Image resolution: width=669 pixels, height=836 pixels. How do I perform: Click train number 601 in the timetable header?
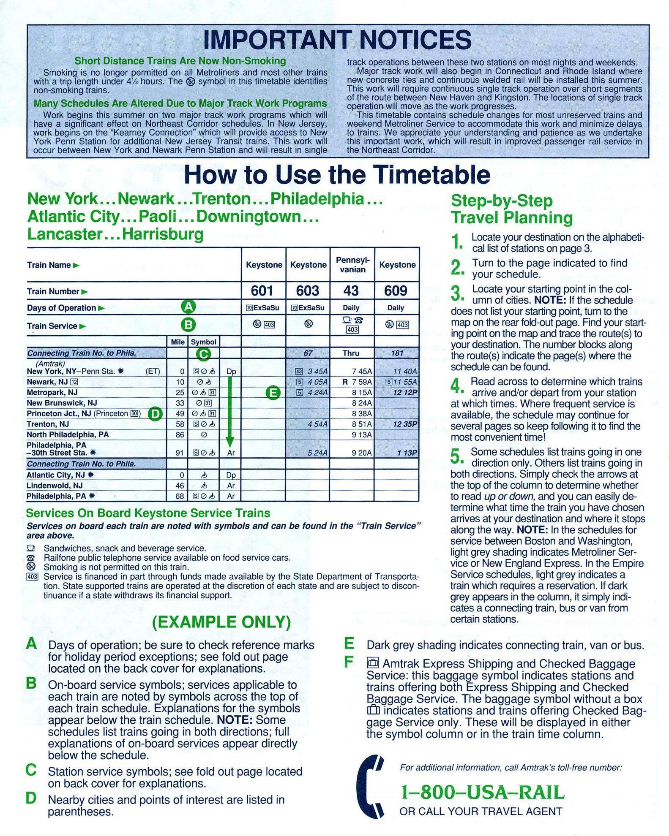point(262,291)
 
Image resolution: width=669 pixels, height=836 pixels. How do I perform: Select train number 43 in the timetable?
point(351,291)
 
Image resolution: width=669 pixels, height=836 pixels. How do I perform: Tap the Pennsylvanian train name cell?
point(352,264)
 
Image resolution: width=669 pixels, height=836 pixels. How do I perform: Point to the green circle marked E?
point(273,393)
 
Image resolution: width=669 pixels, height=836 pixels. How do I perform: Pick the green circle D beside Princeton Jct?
point(156,414)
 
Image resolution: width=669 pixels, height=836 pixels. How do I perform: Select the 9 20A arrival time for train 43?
point(362,453)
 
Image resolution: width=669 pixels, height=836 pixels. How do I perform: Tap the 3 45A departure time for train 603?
point(317,372)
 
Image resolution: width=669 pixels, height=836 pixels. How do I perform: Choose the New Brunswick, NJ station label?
point(62,403)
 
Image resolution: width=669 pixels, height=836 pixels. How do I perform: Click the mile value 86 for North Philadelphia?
point(180,434)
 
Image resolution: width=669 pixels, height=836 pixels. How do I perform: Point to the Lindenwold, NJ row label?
point(55,486)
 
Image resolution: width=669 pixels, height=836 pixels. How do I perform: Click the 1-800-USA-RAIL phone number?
point(483,793)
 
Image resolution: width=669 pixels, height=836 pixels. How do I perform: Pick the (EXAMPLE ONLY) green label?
point(221,622)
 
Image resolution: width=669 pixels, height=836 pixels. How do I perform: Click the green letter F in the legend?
point(349,662)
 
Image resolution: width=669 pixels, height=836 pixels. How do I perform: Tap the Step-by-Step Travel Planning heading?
point(512,209)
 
